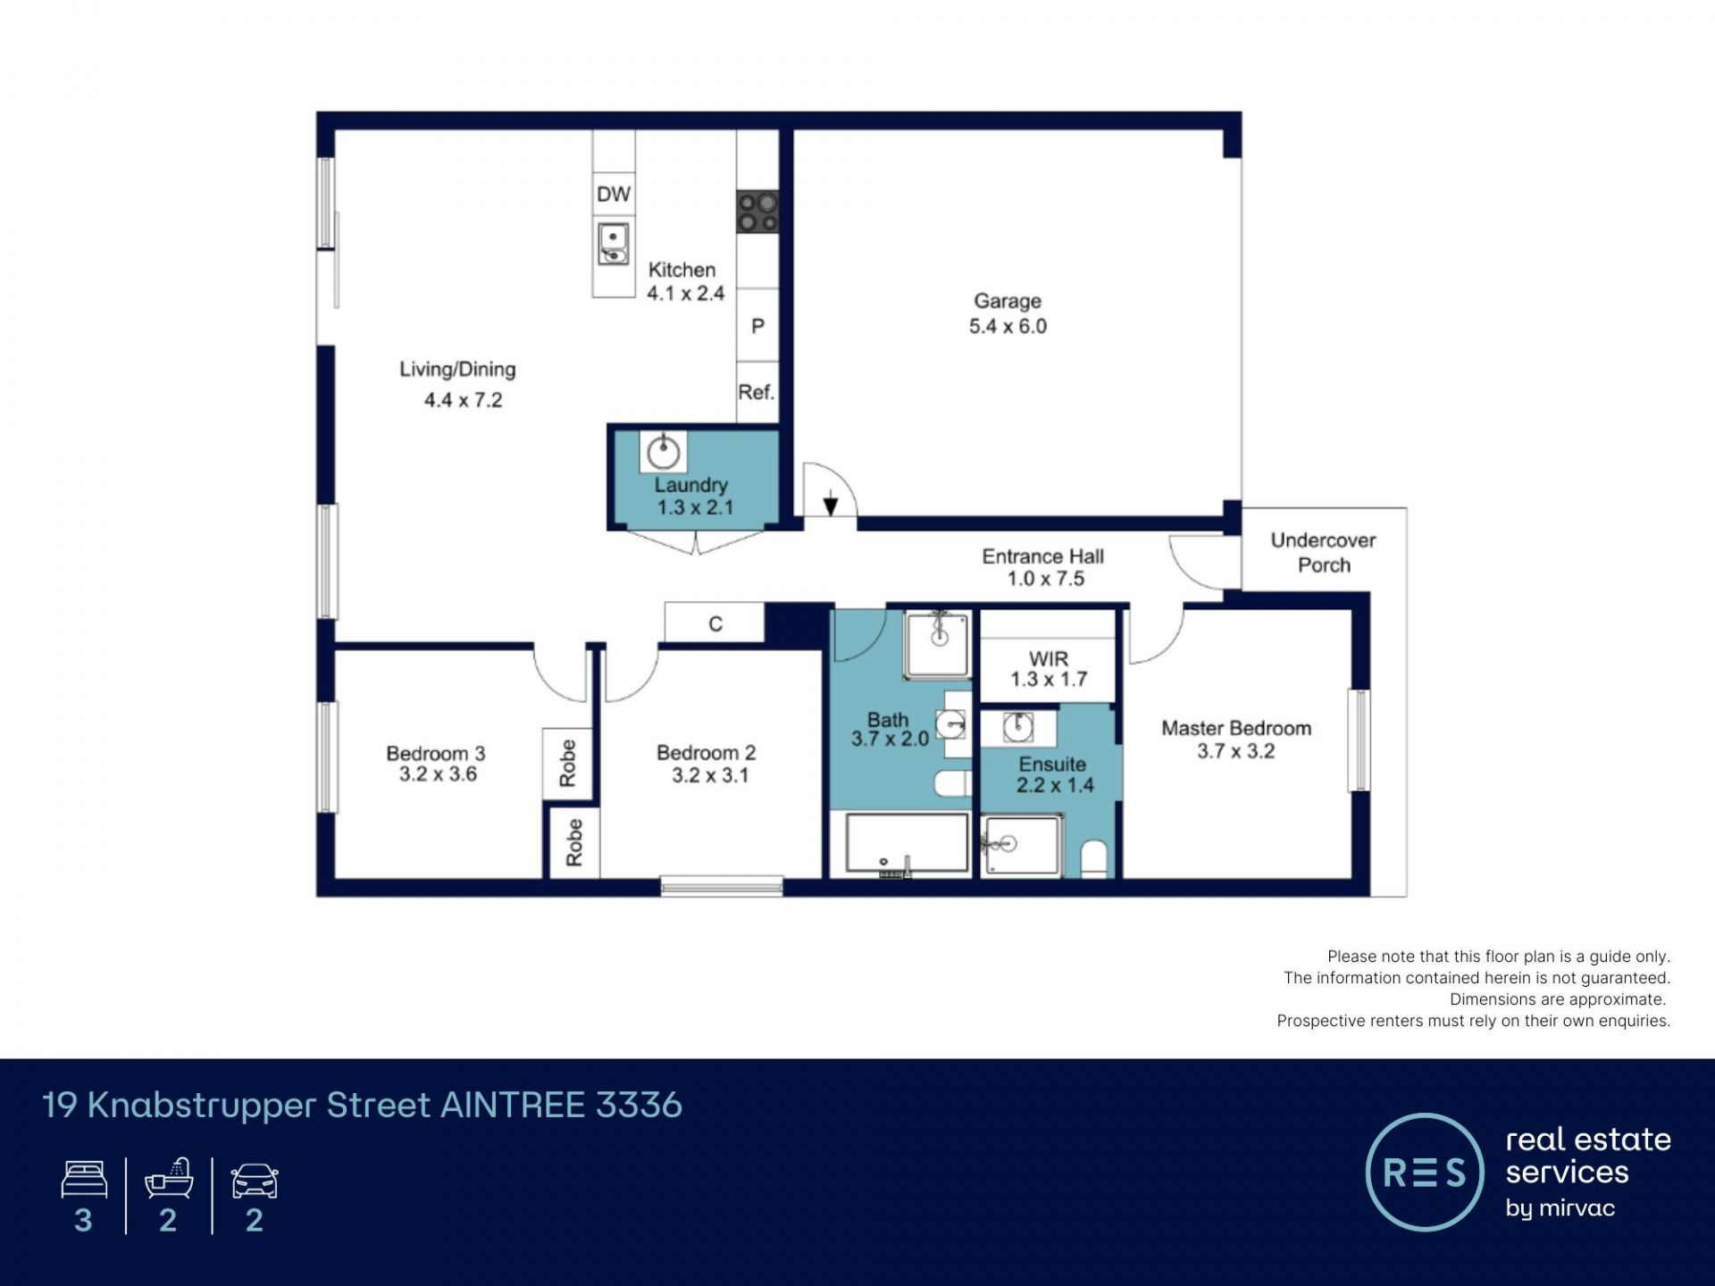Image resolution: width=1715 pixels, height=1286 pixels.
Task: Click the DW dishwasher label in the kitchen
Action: pos(614,194)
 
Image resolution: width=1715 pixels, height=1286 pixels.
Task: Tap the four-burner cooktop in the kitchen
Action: pos(757,212)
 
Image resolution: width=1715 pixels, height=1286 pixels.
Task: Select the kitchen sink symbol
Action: pos(613,244)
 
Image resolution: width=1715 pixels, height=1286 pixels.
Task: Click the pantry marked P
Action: pos(757,326)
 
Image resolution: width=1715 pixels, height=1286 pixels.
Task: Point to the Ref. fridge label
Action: pos(757,392)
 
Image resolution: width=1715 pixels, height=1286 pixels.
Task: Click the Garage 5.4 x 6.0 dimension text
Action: pos(1008,326)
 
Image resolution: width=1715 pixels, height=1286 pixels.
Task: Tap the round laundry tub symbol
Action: pos(663,452)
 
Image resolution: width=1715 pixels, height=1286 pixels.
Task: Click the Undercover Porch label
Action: pos(1324,553)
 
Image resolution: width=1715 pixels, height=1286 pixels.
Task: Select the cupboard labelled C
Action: pos(715,622)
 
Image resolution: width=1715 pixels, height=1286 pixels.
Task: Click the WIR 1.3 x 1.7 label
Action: pos(1049,669)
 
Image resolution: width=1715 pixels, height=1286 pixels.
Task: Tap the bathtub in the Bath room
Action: pos(907,844)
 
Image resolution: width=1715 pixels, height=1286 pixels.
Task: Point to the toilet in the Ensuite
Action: pos(1094,858)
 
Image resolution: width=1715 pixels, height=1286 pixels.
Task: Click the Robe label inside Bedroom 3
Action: pos(567,763)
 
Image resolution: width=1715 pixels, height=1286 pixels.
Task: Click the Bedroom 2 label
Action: pos(707,753)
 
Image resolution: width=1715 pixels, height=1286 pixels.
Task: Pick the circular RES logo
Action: pos(1425,1172)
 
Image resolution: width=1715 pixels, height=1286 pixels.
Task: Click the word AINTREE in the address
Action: pos(514,1106)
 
